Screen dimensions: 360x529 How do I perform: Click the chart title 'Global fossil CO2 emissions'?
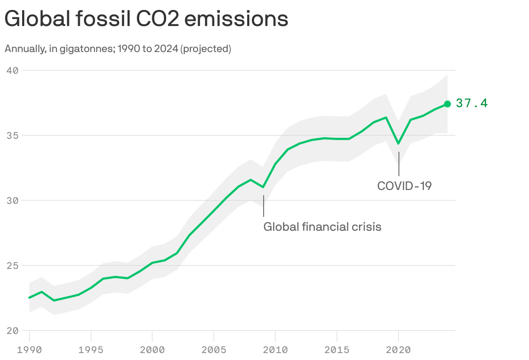click(x=146, y=20)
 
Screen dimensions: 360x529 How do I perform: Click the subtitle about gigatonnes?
click(x=118, y=49)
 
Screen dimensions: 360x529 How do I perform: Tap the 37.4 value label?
click(x=472, y=103)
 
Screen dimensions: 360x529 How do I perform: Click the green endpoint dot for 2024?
click(x=447, y=104)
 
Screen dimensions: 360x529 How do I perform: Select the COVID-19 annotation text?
click(x=404, y=186)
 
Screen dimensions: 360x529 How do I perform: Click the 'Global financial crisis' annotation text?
click(x=322, y=226)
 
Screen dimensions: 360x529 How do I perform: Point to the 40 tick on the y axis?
click(x=12, y=70)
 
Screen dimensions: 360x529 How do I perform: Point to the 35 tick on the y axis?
click(x=12, y=135)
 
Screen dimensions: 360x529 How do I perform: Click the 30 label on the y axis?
click(x=12, y=200)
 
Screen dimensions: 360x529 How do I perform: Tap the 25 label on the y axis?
click(x=12, y=265)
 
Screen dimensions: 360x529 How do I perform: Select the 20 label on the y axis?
click(x=12, y=331)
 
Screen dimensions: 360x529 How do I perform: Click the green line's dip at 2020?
click(x=398, y=144)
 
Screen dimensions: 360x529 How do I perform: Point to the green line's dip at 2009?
click(x=263, y=187)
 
